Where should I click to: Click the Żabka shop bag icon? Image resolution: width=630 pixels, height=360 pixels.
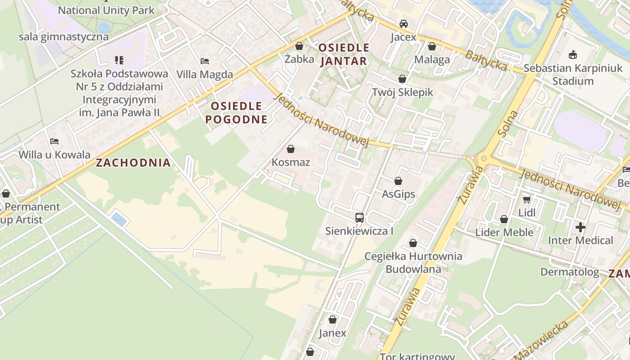299,46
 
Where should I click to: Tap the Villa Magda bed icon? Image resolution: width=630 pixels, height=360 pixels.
205,61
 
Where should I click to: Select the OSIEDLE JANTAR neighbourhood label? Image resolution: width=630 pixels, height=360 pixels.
344,54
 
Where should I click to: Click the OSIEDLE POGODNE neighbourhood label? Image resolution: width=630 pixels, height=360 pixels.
236,112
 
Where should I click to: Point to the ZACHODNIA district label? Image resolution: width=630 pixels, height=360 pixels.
133,163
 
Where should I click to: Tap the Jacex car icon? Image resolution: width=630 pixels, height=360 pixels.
404,24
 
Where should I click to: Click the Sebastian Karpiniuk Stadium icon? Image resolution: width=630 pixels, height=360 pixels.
573,55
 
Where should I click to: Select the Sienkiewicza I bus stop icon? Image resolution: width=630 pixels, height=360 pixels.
359,218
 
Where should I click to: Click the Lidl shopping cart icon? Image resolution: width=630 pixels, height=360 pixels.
526,199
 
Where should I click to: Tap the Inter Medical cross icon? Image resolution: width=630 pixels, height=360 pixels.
580,227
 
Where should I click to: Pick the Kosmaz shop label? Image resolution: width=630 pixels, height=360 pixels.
291,162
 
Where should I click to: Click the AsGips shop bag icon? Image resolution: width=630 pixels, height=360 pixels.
398,181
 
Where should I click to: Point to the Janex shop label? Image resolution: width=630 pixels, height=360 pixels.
333,333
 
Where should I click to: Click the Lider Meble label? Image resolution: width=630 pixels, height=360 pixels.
504,232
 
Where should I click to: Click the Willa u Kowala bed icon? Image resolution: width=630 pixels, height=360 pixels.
54,141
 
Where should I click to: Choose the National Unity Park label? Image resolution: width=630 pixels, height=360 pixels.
106,10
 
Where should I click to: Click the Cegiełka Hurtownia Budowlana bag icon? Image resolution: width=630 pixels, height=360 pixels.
413,243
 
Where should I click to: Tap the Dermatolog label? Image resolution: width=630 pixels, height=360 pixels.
569,272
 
